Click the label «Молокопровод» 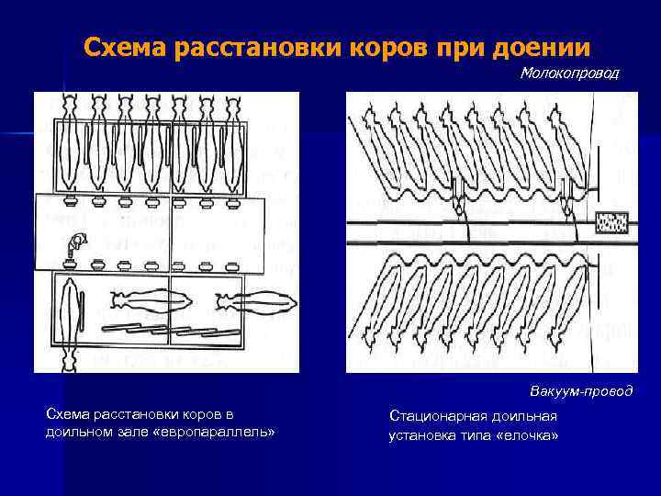568,73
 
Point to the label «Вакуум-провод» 581,390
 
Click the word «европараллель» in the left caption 216,431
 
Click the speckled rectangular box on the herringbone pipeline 611,222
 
